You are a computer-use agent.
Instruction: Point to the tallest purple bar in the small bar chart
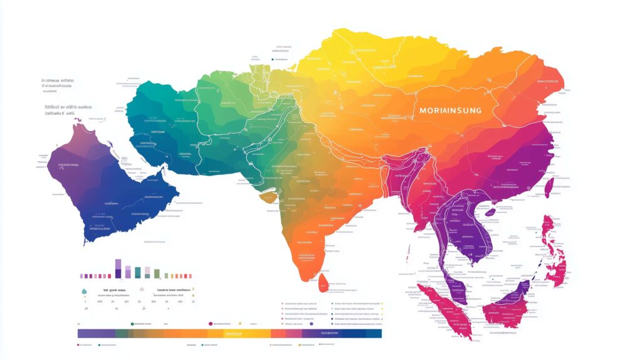tap(118, 268)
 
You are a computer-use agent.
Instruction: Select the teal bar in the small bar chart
tap(137, 272)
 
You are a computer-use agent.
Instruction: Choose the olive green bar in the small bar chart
tap(157, 273)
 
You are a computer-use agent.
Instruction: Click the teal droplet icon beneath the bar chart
tap(83, 290)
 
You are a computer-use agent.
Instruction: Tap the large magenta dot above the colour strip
tap(210, 324)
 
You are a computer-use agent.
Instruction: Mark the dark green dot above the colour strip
tap(132, 324)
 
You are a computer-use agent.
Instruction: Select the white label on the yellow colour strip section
tap(233, 334)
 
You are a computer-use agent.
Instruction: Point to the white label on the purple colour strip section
tap(329, 334)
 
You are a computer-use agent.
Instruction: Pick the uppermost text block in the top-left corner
tap(57, 82)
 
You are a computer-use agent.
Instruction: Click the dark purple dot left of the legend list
tap(312, 324)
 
